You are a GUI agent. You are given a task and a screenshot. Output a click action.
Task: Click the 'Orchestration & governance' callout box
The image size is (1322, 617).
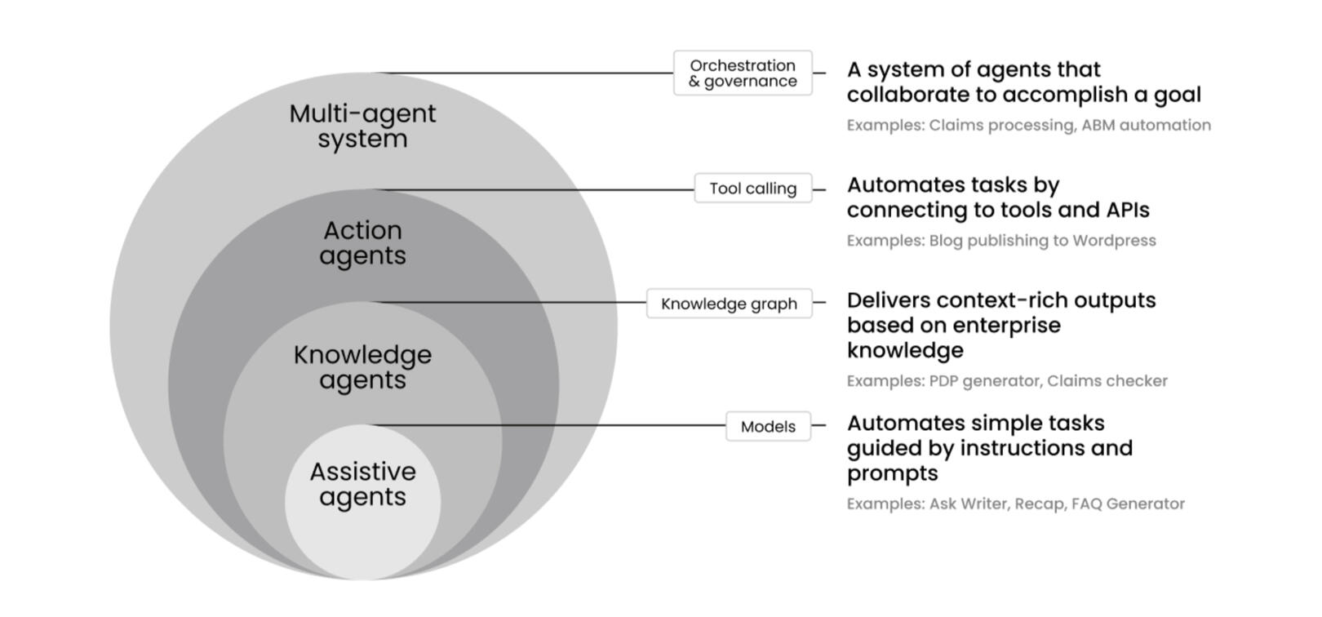coord(743,73)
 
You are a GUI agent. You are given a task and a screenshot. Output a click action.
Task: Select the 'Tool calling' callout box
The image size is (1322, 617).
coord(752,189)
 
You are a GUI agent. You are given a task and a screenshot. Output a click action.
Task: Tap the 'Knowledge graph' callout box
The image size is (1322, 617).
coord(729,304)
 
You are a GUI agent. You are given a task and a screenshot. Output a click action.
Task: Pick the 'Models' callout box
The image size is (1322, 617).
coord(768,427)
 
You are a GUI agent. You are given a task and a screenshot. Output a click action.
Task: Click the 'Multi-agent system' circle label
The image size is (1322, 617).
coord(362,127)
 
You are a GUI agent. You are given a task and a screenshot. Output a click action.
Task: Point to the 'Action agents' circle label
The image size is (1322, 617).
coord(362,243)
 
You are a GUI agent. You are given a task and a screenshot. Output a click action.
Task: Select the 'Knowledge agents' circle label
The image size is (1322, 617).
coord(362,367)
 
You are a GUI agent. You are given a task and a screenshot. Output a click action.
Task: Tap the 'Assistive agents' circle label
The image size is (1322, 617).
coord(362,484)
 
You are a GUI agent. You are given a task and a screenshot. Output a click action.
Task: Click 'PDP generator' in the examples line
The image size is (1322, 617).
coord(984,381)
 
